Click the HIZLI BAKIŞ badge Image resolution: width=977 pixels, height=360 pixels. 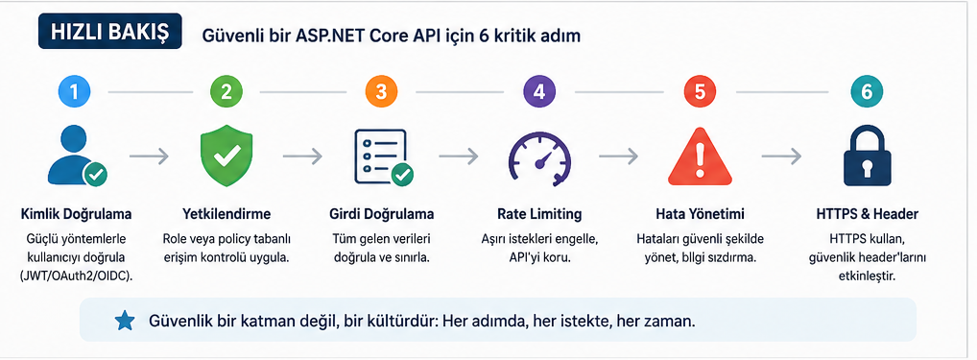tap(109, 31)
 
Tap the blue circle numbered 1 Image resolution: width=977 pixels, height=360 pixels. tap(74, 91)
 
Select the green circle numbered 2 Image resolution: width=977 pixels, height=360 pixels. tap(226, 91)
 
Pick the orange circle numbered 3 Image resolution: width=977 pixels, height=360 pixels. tap(381, 91)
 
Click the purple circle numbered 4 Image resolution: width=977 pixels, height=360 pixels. tap(539, 91)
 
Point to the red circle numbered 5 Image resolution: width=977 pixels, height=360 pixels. tap(700, 91)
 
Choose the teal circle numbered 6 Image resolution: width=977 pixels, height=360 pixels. tap(867, 91)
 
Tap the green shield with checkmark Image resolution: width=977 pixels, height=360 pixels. tap(226, 156)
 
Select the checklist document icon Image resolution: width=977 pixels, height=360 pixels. tap(383, 156)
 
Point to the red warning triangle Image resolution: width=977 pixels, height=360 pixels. tap(699, 156)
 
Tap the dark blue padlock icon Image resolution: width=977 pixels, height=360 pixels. tap(867, 156)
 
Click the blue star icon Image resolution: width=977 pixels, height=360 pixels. tap(125, 321)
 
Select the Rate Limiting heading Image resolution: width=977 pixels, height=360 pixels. tap(539, 214)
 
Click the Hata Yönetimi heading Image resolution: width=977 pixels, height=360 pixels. tap(699, 214)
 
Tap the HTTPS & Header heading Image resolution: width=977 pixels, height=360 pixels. tap(867, 214)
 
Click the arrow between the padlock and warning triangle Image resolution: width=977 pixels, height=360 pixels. tap(781, 156)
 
